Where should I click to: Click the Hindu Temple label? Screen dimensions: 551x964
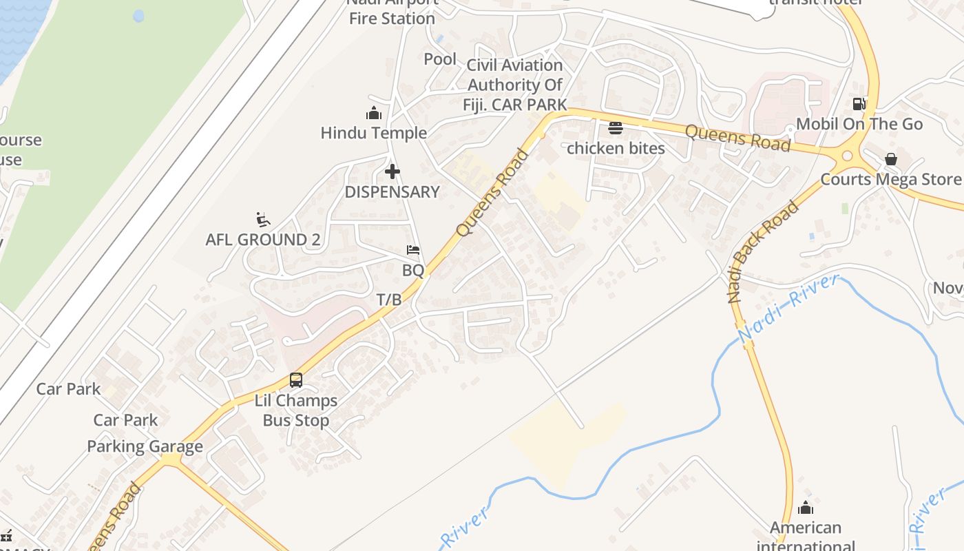[x=373, y=133]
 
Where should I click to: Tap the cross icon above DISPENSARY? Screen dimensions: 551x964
[x=392, y=171]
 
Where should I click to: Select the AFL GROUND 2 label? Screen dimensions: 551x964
[x=263, y=240]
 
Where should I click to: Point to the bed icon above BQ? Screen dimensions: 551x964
[x=413, y=250]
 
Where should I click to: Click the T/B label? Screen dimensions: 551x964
[x=389, y=300]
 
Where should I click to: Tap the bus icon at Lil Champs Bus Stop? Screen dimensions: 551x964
[x=296, y=380]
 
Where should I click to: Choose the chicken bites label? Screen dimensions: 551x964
[x=616, y=148]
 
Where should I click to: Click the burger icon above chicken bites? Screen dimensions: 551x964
[x=616, y=128]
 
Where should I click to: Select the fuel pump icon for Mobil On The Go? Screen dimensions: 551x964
[x=859, y=104]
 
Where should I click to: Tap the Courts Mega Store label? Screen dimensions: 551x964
[x=890, y=180]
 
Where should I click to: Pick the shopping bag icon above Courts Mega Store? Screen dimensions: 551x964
[x=891, y=159]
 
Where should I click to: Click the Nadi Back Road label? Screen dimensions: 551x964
[x=763, y=252]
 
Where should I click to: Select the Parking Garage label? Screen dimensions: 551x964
[x=145, y=446]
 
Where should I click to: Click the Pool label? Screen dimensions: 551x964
[x=440, y=59]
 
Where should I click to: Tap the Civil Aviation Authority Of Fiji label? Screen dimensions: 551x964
[x=516, y=85]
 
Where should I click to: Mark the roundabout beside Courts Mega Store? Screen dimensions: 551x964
[x=847, y=156]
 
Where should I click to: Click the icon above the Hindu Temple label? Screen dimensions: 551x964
[x=374, y=113]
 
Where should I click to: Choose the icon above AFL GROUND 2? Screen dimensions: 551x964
[x=262, y=220]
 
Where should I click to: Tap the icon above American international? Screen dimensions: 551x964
[x=806, y=508]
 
